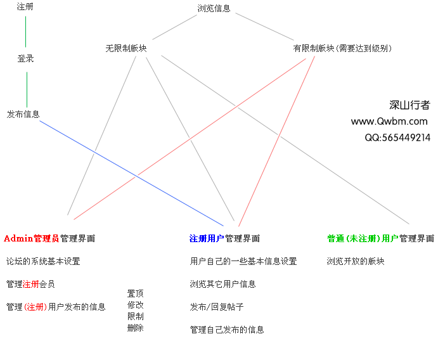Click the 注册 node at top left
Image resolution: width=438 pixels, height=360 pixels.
pos(25,8)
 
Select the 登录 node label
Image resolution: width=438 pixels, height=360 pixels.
pos(25,58)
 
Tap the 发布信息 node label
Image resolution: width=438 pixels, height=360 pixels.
pos(23,114)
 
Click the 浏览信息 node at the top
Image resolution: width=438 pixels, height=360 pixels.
pos(214,9)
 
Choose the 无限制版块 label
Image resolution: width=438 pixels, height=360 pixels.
pos(126,48)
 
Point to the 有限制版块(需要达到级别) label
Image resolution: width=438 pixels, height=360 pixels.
pos(342,48)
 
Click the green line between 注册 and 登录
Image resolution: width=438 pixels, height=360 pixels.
pos(25,32)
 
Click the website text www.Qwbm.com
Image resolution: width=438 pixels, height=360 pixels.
pos(389,121)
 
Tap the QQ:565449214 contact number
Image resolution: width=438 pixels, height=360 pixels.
pos(397,137)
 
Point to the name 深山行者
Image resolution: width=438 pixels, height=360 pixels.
pos(409,105)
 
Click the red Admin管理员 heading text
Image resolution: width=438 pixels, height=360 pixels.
pos(31,238)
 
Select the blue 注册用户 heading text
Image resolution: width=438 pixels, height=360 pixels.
pos(207,238)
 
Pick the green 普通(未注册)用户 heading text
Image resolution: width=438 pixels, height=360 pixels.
pos(363,238)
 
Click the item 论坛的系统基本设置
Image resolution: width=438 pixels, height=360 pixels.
pos(43,261)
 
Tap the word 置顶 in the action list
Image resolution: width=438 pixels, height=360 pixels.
pos(135,293)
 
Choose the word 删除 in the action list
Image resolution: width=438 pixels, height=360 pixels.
pos(135,328)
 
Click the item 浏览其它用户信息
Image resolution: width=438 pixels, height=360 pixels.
pos(222,284)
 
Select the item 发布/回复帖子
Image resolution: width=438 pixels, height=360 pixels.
pos(217,307)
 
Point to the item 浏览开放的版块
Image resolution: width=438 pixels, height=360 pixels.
pos(356,261)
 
